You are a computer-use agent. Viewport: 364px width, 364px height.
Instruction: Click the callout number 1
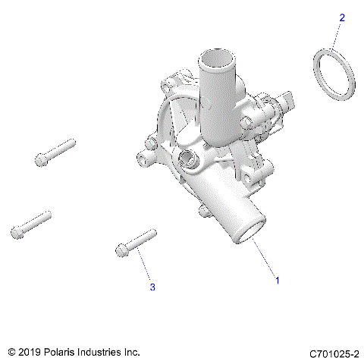coord(278,281)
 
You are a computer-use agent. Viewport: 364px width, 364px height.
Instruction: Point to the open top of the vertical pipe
coord(219,57)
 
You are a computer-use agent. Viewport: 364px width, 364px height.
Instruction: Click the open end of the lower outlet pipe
coord(249,232)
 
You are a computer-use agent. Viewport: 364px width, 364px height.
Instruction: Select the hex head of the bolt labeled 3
coord(121,249)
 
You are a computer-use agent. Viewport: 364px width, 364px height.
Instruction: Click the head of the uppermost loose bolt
coord(41,159)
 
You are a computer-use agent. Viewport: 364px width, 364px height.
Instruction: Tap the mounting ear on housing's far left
coord(143,157)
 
